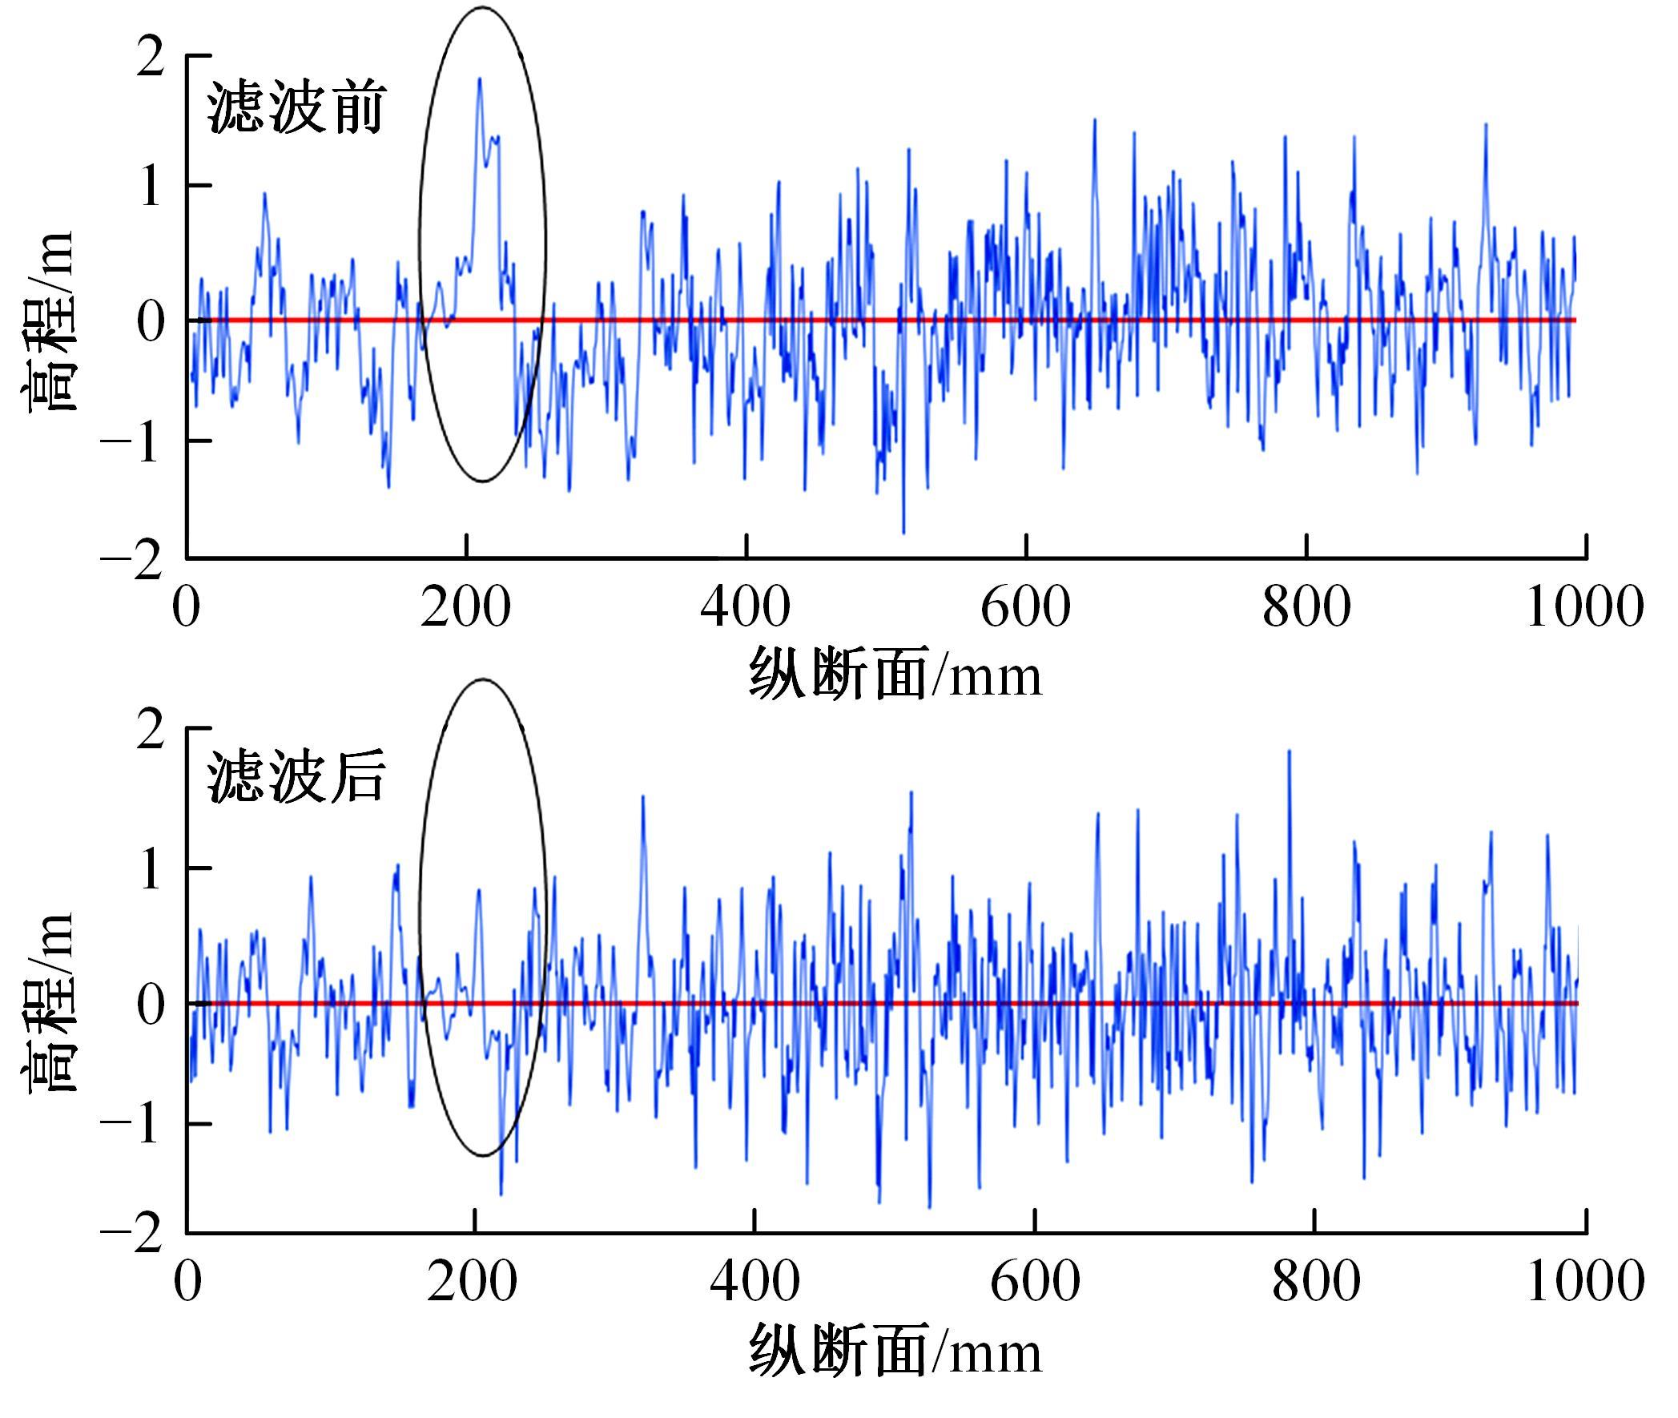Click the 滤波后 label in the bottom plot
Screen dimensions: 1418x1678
click(296, 778)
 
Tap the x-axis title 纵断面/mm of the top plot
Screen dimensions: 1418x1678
click(895, 674)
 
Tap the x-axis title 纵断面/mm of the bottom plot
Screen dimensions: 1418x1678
click(895, 1352)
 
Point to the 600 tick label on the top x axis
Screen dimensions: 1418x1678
click(1025, 607)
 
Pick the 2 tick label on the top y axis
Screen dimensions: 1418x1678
click(150, 58)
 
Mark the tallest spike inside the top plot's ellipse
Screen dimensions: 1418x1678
click(480, 79)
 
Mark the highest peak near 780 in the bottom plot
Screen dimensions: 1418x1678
click(1289, 752)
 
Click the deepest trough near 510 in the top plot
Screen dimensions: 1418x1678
click(903, 532)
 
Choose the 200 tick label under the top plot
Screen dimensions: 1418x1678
click(465, 607)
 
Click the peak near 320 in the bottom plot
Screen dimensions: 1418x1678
click(643, 797)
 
